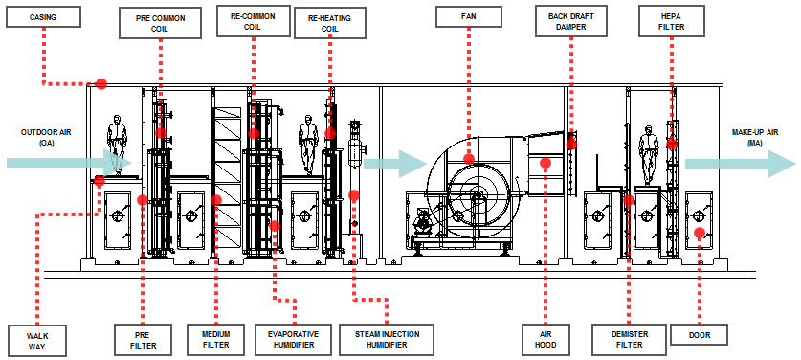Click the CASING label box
point(43,17)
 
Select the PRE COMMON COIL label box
point(161,23)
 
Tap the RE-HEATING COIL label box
point(330,24)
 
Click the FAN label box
point(468,16)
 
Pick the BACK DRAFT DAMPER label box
point(571,21)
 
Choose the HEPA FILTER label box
point(671,21)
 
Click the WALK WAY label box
point(37,340)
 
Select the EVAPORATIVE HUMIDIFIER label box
point(293,339)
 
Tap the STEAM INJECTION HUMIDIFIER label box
point(387,339)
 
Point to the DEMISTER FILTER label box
point(629,339)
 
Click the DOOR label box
point(699,334)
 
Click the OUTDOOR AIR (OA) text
point(46,138)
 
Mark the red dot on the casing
point(101,84)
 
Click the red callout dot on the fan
point(469,159)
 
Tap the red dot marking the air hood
point(545,163)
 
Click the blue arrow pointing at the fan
point(394,164)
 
